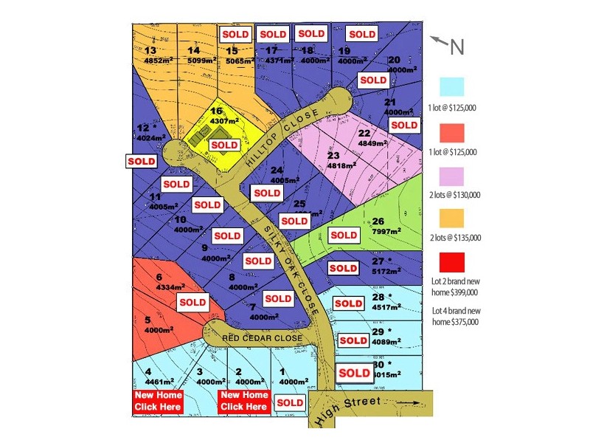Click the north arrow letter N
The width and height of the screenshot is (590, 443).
point(457,47)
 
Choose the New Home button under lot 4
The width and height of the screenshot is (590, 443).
point(158,401)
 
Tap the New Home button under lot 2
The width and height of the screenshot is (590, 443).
point(244,401)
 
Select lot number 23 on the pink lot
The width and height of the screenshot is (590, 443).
point(333,156)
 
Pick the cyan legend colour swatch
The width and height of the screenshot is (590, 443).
point(453,86)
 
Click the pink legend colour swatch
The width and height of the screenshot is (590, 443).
point(453,175)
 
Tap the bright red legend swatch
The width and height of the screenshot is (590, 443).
point(453,263)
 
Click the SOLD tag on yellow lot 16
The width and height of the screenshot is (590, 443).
point(224,145)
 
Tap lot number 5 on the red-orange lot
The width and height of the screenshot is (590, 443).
point(147,320)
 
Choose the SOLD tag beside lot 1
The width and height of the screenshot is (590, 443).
point(289,402)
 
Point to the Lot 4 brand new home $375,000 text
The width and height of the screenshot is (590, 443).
point(456,316)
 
